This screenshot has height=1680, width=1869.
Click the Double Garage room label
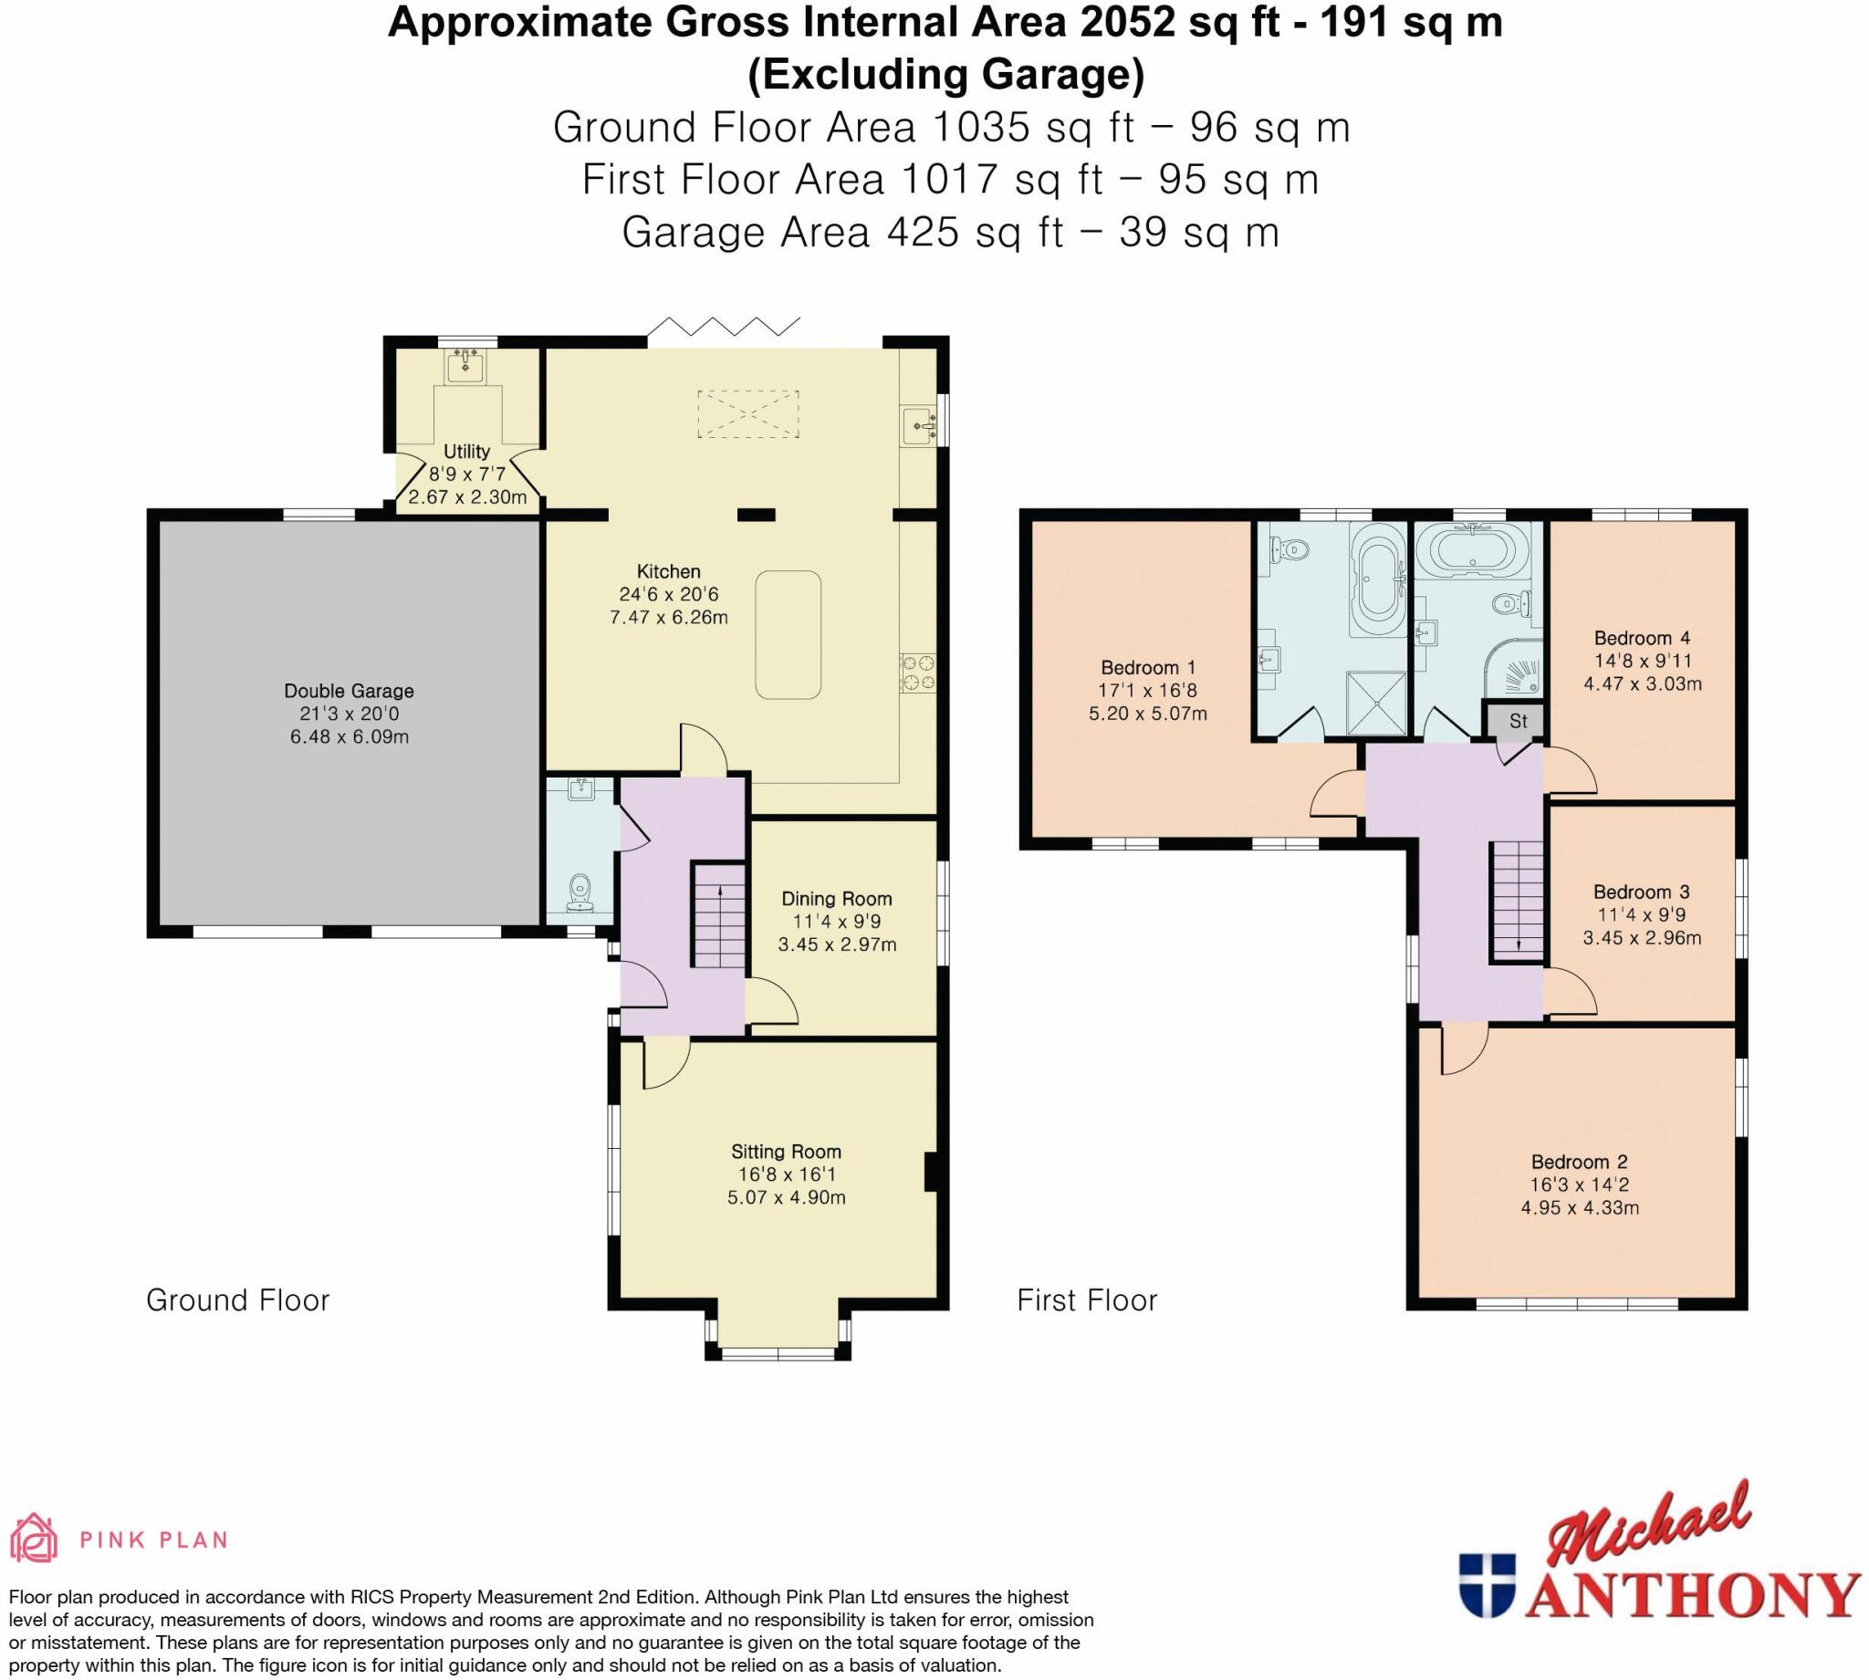tap(348, 691)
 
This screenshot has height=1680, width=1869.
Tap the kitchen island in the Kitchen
tap(788, 635)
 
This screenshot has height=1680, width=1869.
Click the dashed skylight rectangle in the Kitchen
tap(747, 413)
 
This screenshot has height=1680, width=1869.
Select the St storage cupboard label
tap(1519, 721)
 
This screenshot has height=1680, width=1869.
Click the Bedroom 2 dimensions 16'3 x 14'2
tap(1579, 1184)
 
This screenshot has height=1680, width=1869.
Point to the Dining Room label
tap(836, 898)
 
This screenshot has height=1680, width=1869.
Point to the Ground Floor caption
tap(237, 1299)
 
